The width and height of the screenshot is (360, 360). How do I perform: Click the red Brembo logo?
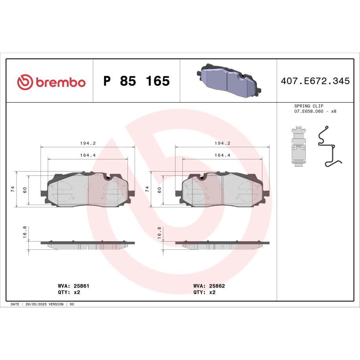[x=51, y=81]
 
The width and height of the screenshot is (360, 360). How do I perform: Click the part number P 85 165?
[x=136, y=81]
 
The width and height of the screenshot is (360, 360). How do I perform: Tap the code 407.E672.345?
[x=315, y=81]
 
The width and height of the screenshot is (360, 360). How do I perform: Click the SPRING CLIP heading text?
[x=309, y=106]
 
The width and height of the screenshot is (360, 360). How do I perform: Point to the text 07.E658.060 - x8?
[x=315, y=111]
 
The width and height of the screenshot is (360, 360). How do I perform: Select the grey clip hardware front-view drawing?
[x=299, y=146]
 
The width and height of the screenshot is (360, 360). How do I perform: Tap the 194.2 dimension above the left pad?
[x=88, y=143]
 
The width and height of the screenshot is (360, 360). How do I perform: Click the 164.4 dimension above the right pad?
[x=222, y=155]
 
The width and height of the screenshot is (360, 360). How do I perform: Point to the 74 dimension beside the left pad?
[x=13, y=189]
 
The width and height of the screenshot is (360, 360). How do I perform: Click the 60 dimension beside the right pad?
[x=159, y=189]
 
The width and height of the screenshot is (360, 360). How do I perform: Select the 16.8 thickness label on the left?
[x=24, y=233]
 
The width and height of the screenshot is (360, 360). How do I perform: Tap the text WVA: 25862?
[x=209, y=286]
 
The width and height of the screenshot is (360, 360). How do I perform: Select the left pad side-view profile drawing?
[x=88, y=245]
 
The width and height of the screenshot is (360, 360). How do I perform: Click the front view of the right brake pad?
[x=223, y=190]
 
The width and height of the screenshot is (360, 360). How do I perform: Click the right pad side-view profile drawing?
[x=223, y=245]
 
